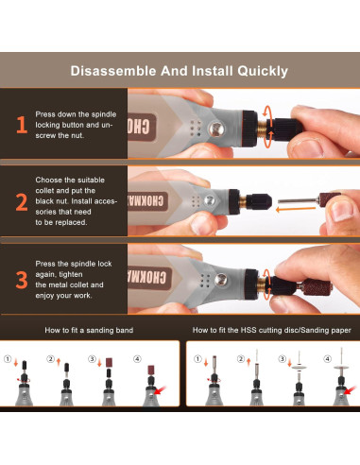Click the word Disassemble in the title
(x=112, y=71)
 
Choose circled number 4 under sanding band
(x=138, y=359)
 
